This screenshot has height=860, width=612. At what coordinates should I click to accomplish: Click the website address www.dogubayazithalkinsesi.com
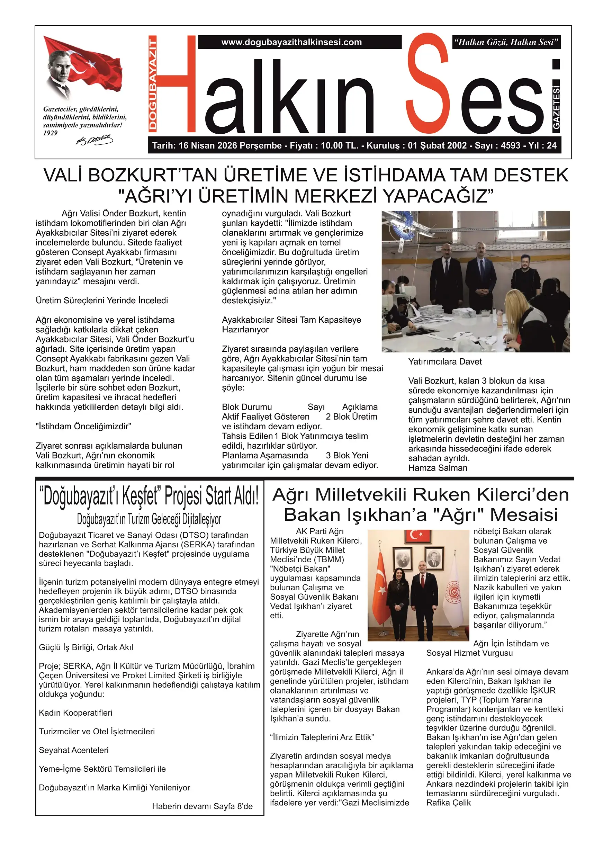(x=291, y=42)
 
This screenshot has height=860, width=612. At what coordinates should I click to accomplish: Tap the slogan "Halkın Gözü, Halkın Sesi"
(x=506, y=42)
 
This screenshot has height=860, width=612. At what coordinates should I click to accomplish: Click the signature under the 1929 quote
(x=94, y=140)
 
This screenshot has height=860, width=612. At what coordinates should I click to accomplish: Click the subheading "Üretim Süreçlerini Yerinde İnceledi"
(x=102, y=301)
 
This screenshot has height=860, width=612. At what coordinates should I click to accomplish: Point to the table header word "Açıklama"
(x=360, y=407)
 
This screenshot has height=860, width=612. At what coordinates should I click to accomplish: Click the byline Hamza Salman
(x=438, y=468)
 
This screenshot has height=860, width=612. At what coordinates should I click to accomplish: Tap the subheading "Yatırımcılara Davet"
(x=445, y=362)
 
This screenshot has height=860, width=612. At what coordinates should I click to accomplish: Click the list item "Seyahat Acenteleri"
(x=73, y=750)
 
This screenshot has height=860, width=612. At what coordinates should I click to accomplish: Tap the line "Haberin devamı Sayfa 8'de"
(x=202, y=806)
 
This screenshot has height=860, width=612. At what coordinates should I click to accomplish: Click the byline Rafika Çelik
(x=449, y=803)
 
